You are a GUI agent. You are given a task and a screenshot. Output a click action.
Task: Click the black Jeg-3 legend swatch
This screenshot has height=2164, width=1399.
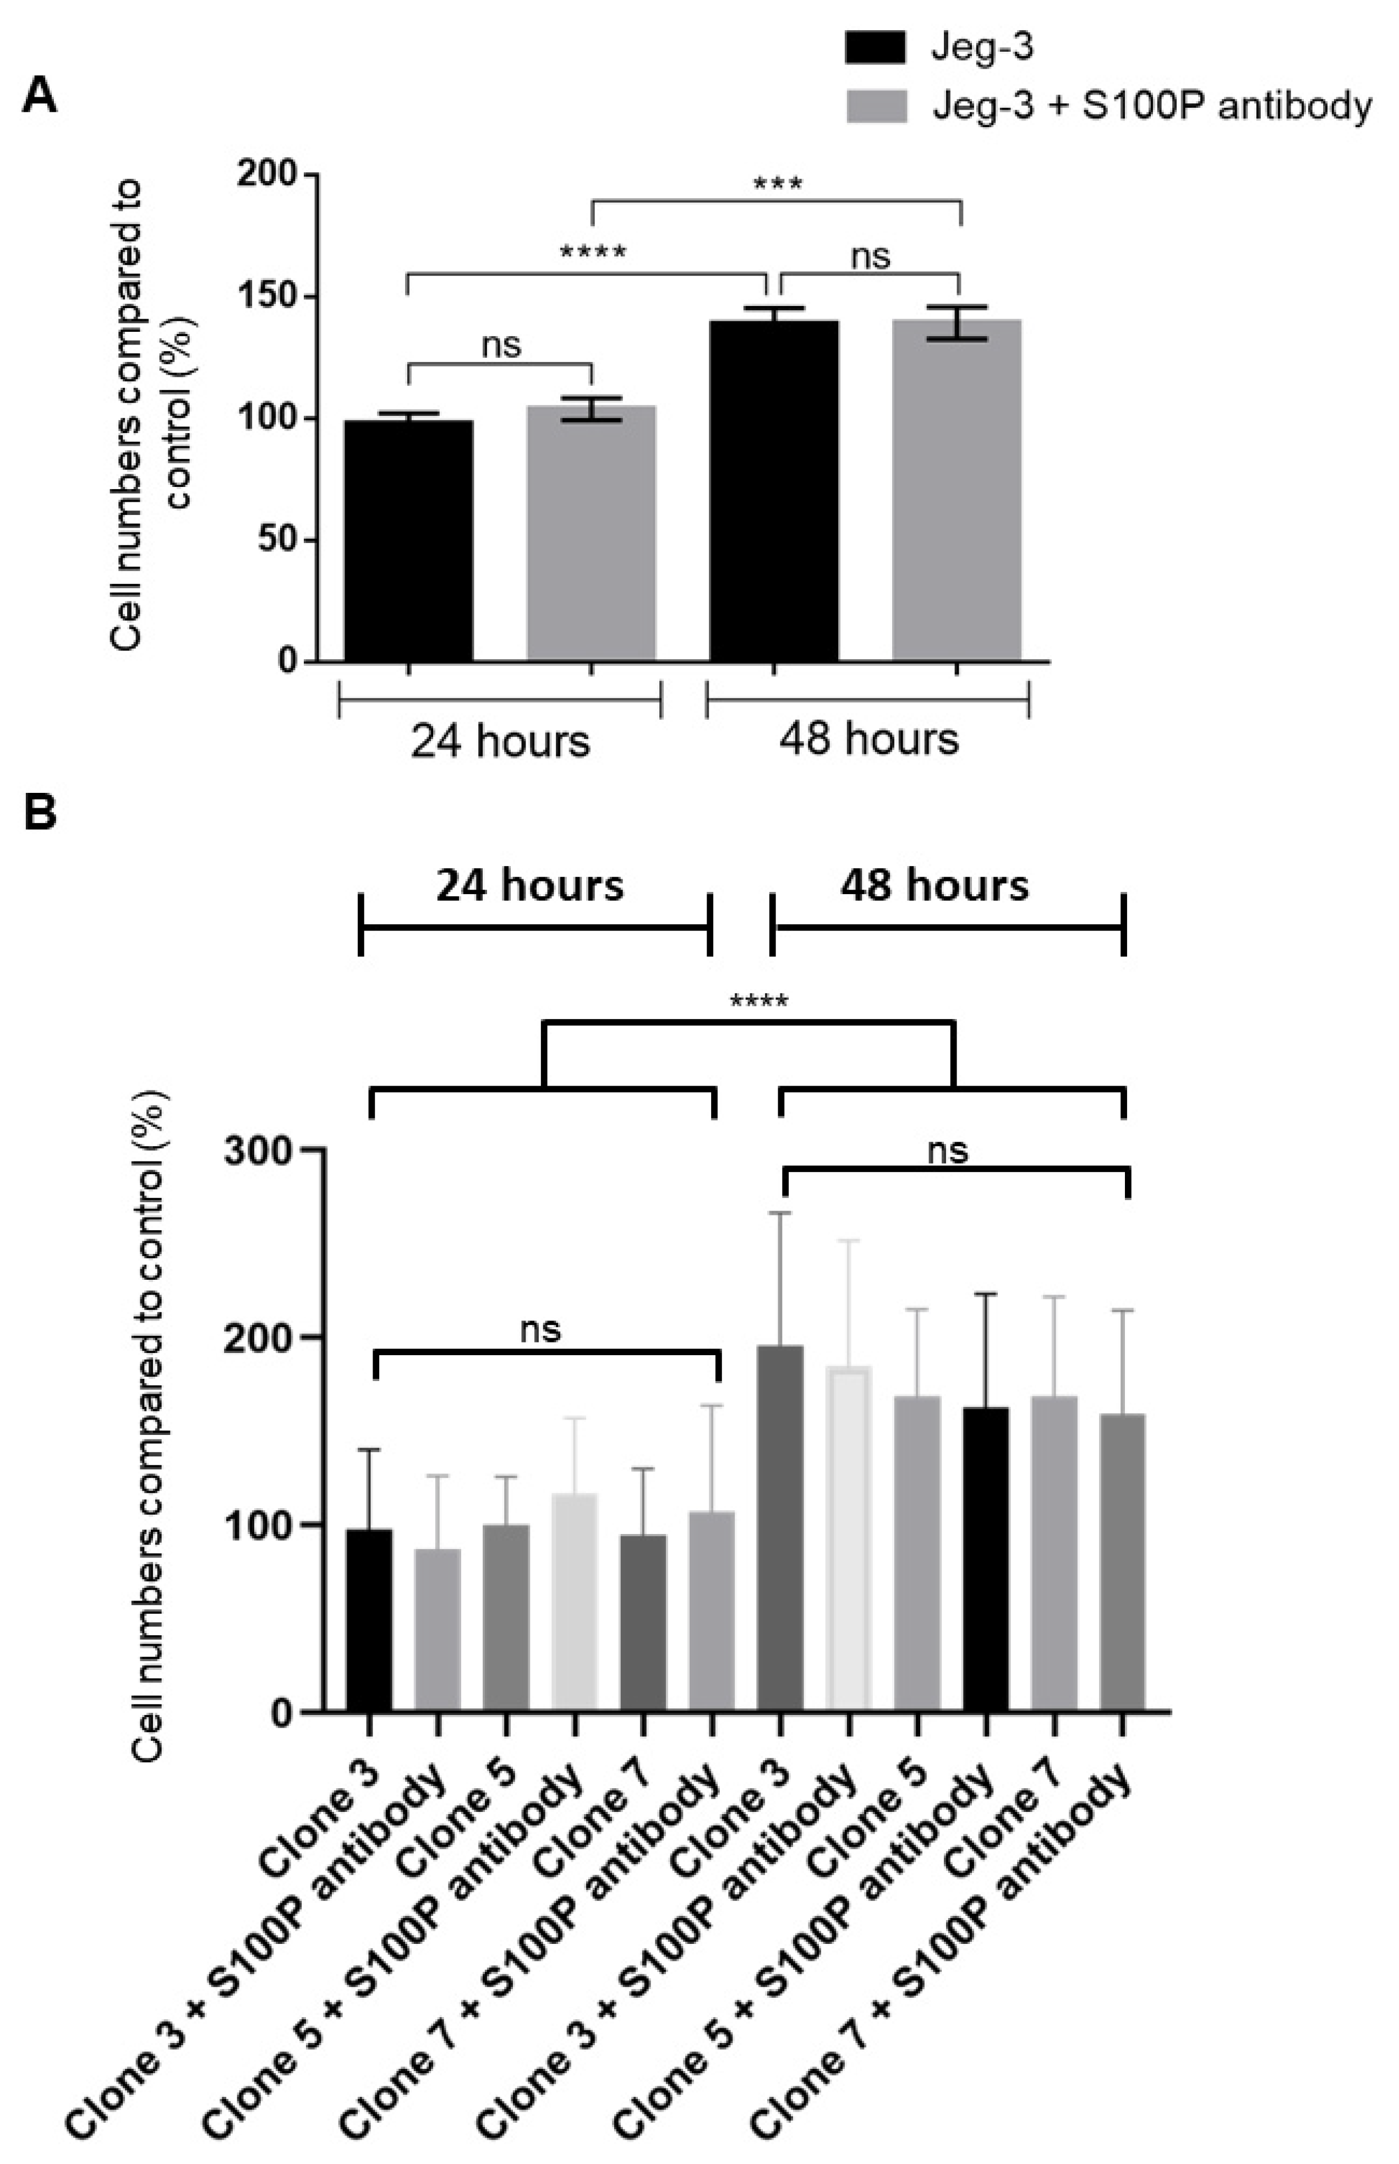click(x=875, y=48)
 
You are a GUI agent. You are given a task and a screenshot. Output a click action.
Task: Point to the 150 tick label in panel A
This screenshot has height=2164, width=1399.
click(x=270, y=297)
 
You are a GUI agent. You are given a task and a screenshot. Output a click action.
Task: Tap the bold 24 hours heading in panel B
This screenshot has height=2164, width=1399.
click(x=531, y=885)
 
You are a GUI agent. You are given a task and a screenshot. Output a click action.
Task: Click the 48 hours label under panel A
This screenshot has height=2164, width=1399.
click(x=868, y=739)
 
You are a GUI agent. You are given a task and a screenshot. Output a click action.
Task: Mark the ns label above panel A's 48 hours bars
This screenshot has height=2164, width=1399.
click(x=870, y=257)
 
